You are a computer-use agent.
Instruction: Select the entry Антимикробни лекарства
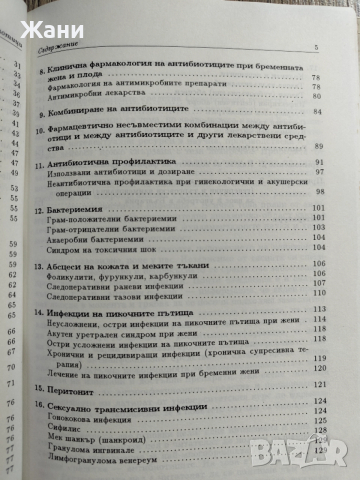106,96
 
